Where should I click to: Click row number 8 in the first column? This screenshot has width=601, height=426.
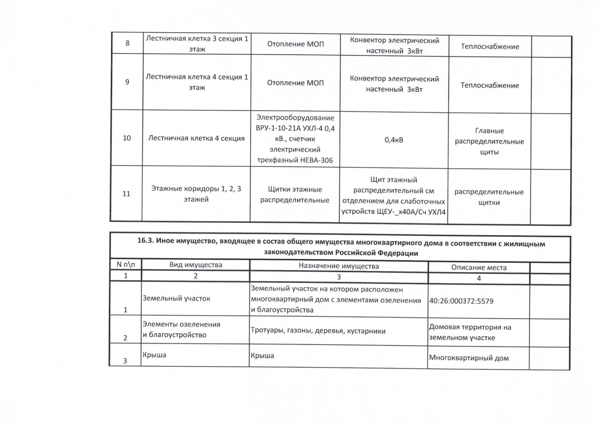(127, 43)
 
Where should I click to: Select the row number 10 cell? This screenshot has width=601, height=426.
(127, 138)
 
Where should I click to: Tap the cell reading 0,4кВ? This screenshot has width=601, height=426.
(394, 140)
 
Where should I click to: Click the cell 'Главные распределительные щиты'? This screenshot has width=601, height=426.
(489, 142)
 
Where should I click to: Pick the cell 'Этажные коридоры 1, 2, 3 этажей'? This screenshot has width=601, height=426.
(196, 194)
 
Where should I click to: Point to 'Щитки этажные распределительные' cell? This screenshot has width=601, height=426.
(295, 195)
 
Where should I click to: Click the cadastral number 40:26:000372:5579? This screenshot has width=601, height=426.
(461, 301)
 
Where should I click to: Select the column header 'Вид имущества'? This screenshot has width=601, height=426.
(195, 265)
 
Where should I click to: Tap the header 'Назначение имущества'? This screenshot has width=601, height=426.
(339, 266)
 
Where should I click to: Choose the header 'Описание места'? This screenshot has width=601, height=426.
(479, 267)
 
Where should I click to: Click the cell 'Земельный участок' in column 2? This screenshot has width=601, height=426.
(176, 299)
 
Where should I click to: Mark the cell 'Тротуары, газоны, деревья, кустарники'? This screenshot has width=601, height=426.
(318, 331)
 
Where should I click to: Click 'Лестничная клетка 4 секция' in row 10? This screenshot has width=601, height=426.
(196, 138)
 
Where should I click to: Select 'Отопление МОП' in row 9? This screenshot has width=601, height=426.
(295, 83)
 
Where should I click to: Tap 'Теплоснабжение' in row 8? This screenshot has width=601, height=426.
(490, 47)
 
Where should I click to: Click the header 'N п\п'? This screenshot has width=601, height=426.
(126, 265)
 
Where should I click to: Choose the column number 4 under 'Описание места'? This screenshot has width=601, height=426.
(479, 278)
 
